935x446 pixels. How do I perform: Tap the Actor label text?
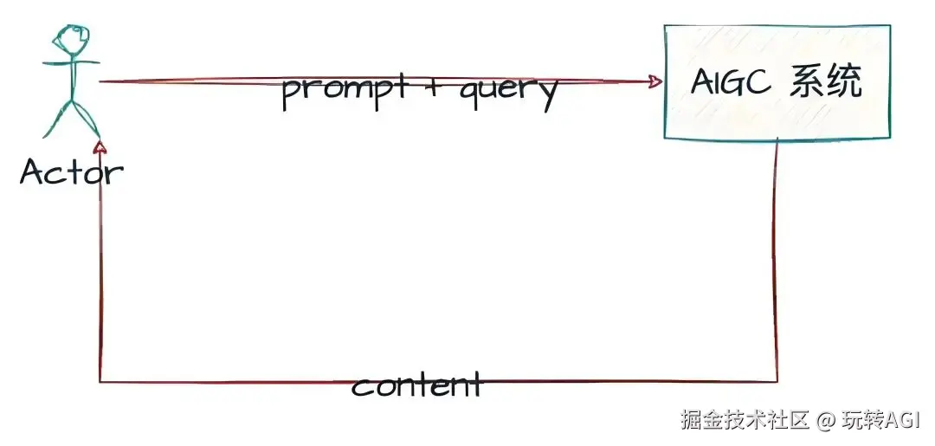[71, 172]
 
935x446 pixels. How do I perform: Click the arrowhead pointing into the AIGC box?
[655, 81]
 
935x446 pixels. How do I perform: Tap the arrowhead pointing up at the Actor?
[101, 147]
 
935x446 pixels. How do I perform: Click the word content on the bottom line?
[416, 384]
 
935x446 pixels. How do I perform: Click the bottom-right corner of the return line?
[777, 380]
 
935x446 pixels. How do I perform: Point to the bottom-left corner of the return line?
[101, 381]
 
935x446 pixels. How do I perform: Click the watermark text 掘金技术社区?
[745, 421]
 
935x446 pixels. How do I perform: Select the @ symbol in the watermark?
[827, 422]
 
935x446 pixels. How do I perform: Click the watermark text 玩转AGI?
[884, 421]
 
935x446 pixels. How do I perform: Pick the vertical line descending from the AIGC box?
[777, 260]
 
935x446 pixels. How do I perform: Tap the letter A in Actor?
[33, 171]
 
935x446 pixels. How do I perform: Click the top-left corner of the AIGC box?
[665, 26]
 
